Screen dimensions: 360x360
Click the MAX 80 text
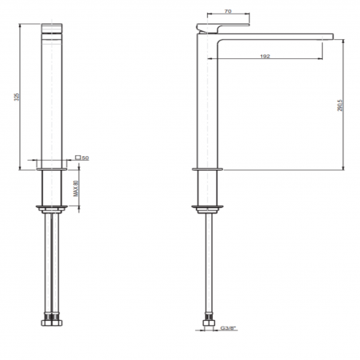(76, 190)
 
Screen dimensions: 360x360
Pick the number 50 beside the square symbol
(84, 158)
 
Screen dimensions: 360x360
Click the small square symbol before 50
(77, 158)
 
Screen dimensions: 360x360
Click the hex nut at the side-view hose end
(205, 323)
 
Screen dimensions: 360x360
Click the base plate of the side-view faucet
(205, 169)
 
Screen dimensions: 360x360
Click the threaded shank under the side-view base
(205, 190)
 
